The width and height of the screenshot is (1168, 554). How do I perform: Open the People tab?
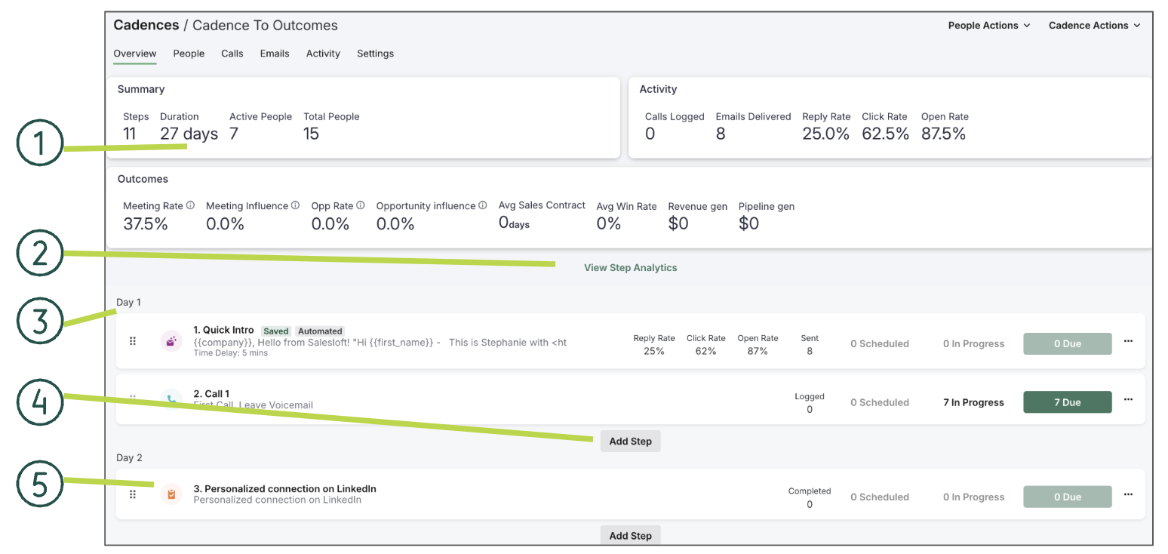(189, 54)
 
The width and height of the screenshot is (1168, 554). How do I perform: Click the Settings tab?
(375, 54)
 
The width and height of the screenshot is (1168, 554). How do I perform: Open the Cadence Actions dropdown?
(1093, 26)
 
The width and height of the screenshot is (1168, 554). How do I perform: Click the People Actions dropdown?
(988, 26)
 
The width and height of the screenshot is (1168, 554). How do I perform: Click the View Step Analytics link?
(630, 268)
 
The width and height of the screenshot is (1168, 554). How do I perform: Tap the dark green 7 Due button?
(1067, 402)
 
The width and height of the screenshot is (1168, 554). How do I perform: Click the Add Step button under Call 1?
(630, 442)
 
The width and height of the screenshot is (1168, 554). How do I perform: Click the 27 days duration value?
(189, 134)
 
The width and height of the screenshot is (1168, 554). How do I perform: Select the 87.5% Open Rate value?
(943, 134)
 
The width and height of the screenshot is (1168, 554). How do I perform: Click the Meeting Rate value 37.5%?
(146, 224)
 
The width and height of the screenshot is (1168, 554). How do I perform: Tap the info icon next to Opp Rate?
(361, 205)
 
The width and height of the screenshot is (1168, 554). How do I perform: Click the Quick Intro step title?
(223, 331)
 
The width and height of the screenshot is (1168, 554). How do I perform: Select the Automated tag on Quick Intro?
(320, 331)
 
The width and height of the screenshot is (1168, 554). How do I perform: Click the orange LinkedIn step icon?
(171, 494)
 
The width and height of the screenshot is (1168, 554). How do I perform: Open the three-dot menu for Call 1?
(1128, 400)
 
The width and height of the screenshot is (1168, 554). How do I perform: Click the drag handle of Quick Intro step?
(133, 341)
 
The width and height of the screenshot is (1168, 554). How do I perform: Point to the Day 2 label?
(129, 458)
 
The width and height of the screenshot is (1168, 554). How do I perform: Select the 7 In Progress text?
(973, 403)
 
